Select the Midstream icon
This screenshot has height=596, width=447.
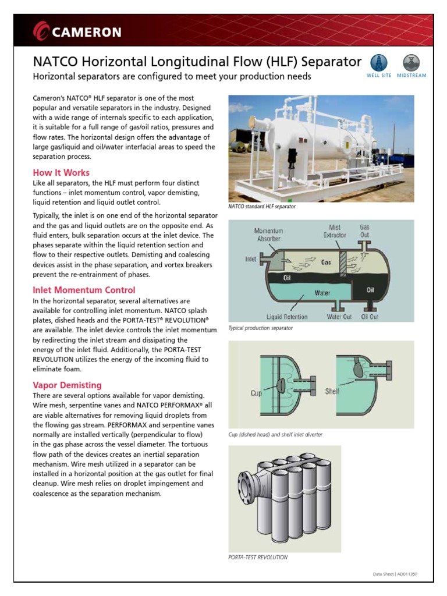pyautogui.click(x=411, y=62)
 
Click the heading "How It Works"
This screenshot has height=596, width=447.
pyautogui.click(x=61, y=173)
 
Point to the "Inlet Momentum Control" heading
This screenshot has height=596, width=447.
pyautogui.click(x=84, y=290)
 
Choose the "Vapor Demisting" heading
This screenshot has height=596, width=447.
pyautogui.click(x=67, y=385)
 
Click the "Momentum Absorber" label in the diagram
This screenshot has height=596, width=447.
pyautogui.click(x=268, y=235)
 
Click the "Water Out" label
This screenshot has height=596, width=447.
pyautogui.click(x=339, y=317)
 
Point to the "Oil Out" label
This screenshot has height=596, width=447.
pyautogui.click(x=370, y=317)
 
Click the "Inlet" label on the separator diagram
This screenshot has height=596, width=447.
pyautogui.click(x=251, y=259)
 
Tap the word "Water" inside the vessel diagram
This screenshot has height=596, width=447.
pyautogui.click(x=322, y=293)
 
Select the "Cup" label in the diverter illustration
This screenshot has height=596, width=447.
pyautogui.click(x=256, y=393)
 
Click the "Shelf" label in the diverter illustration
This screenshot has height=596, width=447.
pyautogui.click(x=332, y=392)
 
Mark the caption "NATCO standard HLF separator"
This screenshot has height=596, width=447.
pyautogui.click(x=262, y=207)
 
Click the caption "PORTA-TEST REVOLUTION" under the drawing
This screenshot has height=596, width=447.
pyautogui.click(x=258, y=557)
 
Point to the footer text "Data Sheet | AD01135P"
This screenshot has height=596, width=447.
pyautogui.click(x=395, y=574)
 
